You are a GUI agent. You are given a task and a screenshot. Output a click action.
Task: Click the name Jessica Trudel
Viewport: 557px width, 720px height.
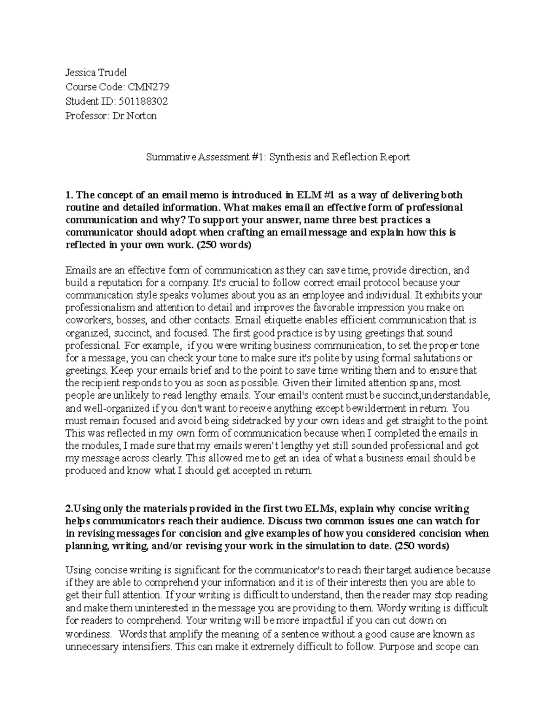(x=96, y=72)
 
